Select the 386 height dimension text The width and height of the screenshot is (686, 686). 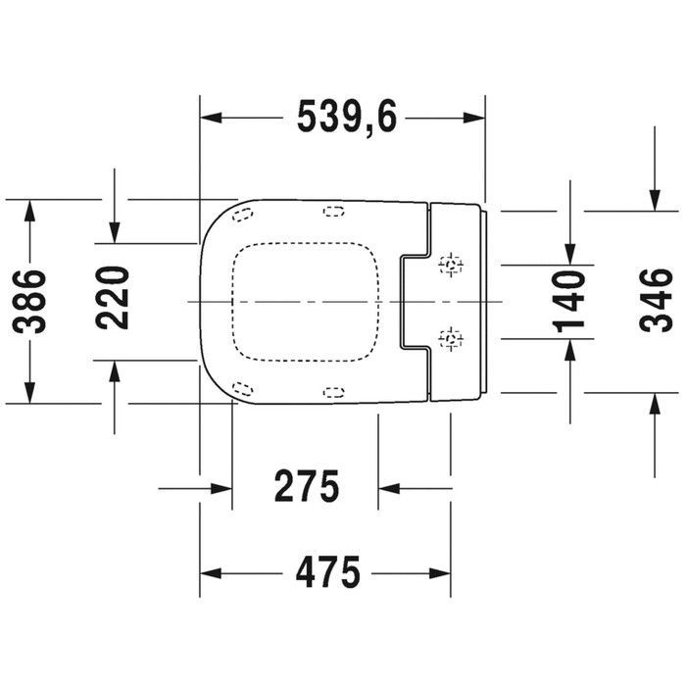coord(32,301)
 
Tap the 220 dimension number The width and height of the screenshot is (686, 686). coord(115,300)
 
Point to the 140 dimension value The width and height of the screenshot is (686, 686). coord(570,300)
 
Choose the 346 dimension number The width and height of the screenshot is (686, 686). coord(653,300)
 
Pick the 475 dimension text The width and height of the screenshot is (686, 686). coord(325,571)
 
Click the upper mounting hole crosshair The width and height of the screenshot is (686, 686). coord(451,264)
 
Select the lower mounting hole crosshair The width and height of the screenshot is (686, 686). coord(451,339)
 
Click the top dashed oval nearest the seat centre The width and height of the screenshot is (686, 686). coord(333,210)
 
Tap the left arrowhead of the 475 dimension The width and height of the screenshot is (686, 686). coord(209,571)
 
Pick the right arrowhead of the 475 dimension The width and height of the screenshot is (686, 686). coord(442,571)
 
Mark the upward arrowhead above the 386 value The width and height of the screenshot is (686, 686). coord(32,209)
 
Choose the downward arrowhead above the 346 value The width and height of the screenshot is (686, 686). coord(653,201)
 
